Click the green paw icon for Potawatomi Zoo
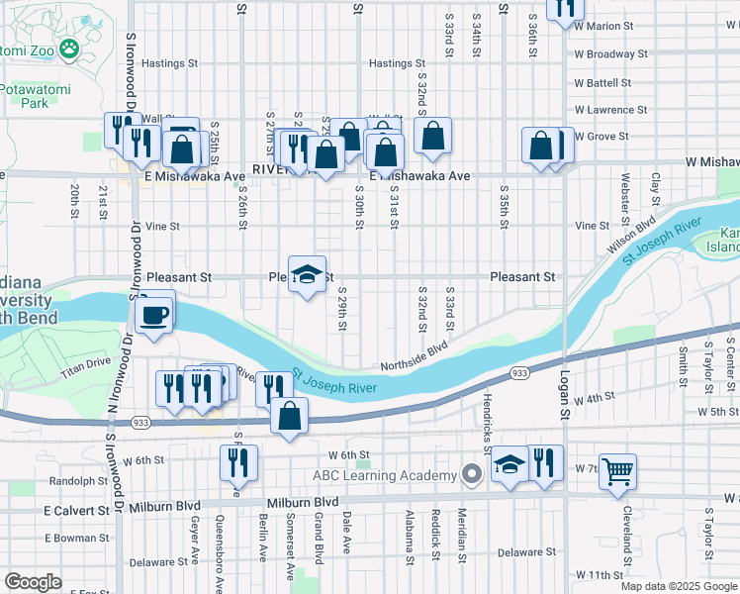point(69,48)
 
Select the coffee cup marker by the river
point(152,316)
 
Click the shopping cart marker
point(617,473)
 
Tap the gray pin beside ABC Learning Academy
point(472,475)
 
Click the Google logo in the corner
point(34,582)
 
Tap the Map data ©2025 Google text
point(679,586)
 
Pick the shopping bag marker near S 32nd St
point(432,136)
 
